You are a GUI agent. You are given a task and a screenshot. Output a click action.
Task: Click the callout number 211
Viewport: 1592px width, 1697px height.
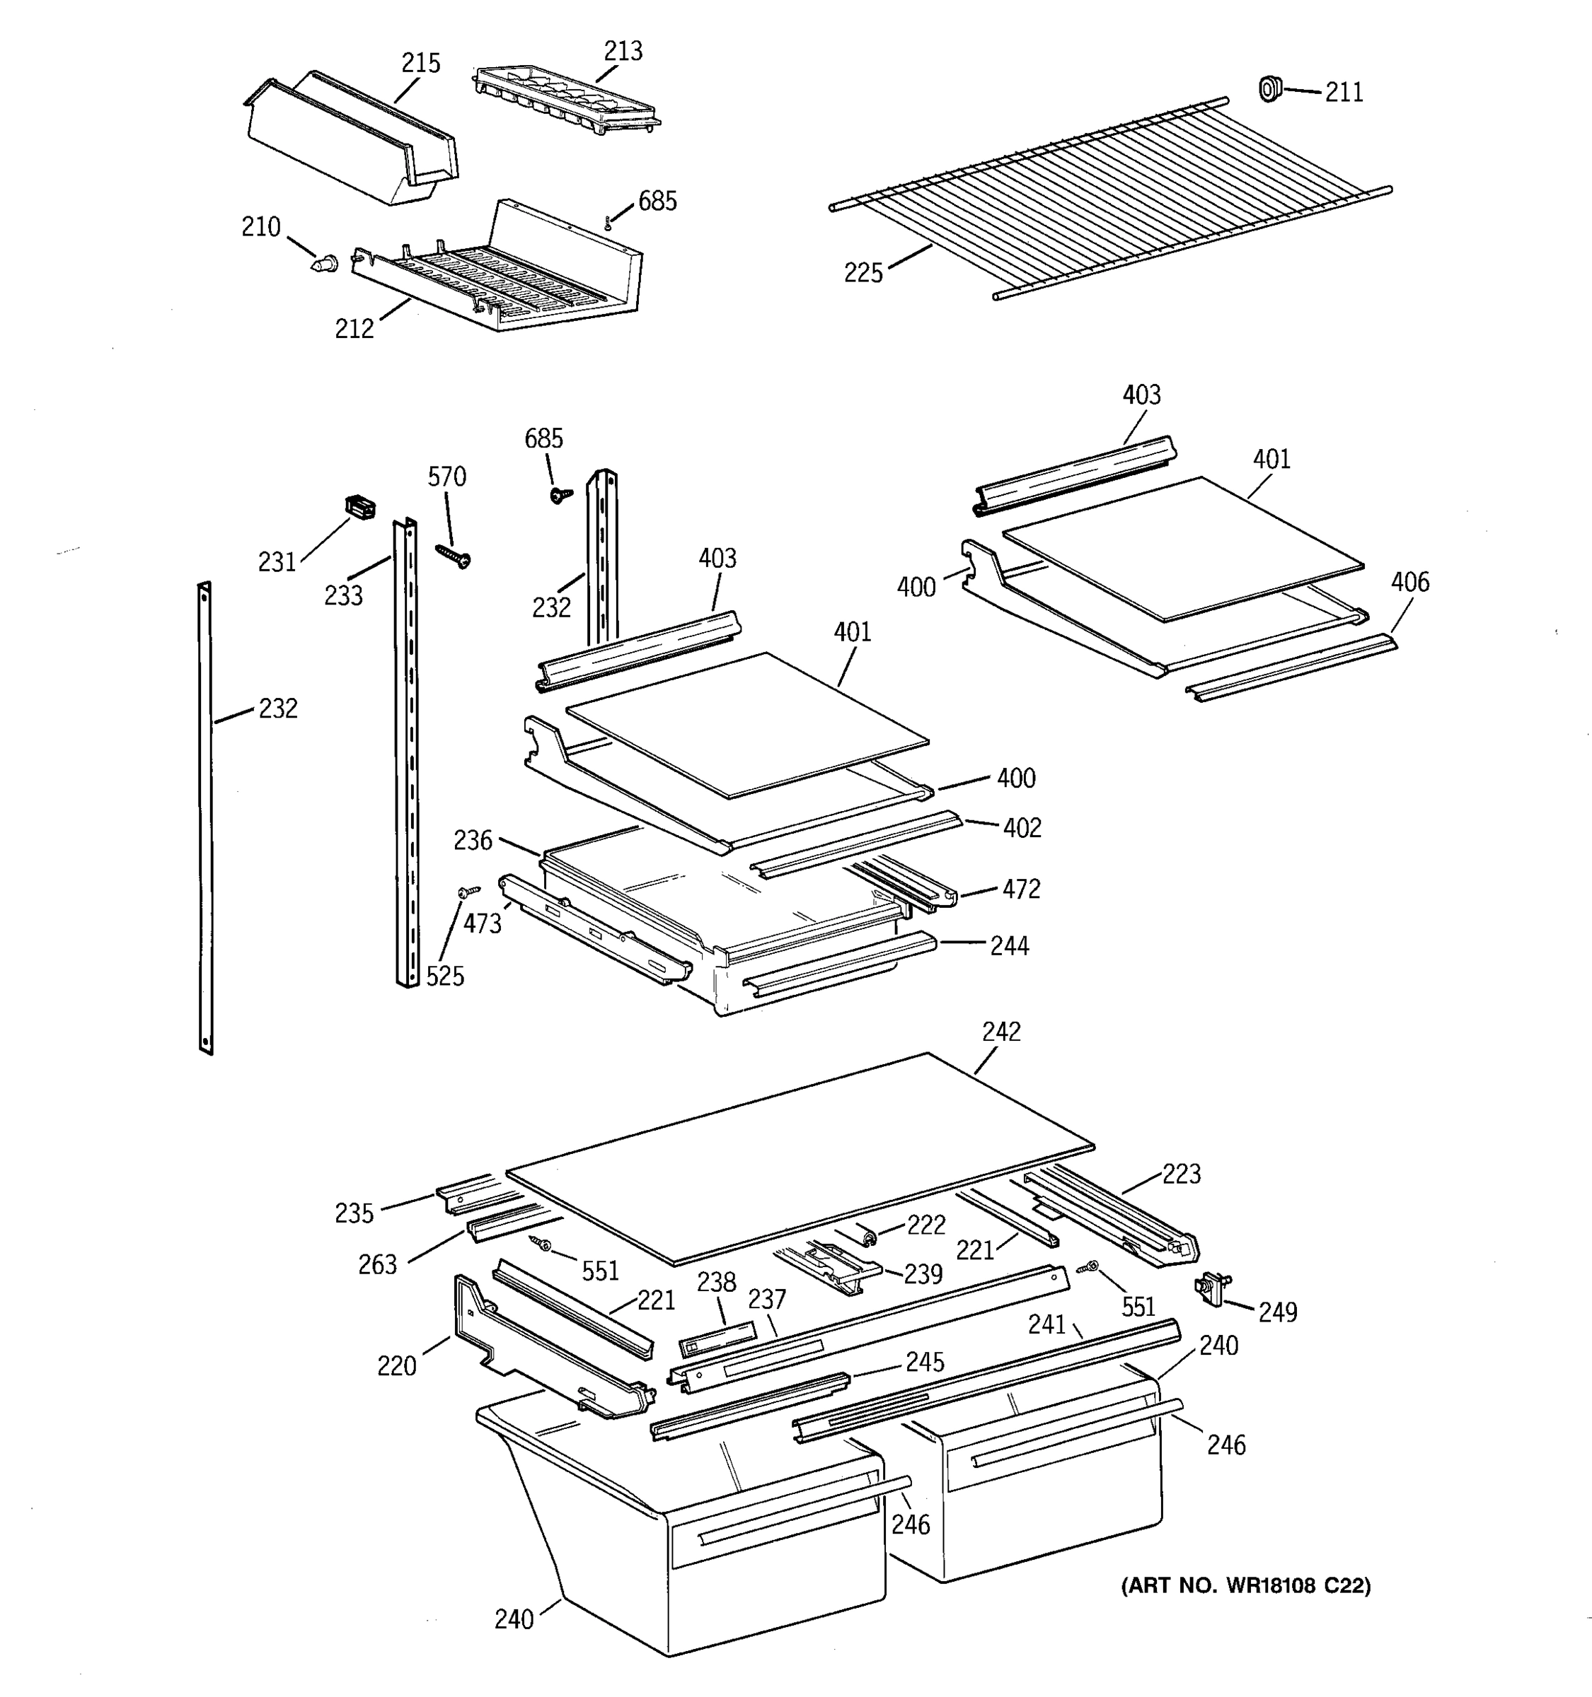tap(1344, 92)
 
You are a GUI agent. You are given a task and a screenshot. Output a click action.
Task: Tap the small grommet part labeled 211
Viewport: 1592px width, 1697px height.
tap(1271, 88)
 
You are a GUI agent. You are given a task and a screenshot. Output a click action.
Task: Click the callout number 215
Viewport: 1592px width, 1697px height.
tap(420, 63)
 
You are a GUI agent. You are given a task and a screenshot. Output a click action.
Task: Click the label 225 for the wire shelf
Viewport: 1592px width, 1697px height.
tap(863, 273)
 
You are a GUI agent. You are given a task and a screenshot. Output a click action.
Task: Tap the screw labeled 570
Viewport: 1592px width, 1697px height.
tap(454, 556)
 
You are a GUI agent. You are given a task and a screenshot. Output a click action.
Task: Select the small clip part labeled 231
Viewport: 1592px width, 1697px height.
tap(360, 507)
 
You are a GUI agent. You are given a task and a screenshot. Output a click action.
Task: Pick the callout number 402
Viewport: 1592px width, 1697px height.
tap(1022, 828)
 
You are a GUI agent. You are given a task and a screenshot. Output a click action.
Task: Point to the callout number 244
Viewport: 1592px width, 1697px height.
tap(1010, 946)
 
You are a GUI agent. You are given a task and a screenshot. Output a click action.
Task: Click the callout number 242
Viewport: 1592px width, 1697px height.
tap(1001, 1032)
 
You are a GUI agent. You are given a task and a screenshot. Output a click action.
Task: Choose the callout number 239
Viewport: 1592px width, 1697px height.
tap(923, 1274)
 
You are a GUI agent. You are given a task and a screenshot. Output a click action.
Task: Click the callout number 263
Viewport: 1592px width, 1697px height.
tap(378, 1265)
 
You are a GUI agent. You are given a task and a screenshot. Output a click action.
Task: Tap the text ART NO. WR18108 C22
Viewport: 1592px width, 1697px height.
tap(1245, 1586)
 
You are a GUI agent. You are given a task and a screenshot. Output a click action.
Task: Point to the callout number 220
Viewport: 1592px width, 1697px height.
tap(396, 1367)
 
